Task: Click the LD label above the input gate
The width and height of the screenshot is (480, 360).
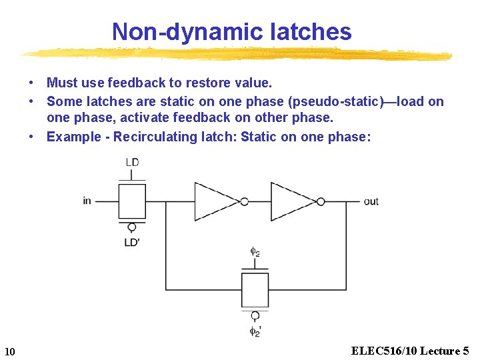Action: point(132,163)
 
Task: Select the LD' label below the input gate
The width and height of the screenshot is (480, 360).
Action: point(132,242)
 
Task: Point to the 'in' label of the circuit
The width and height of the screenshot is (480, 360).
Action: point(87,201)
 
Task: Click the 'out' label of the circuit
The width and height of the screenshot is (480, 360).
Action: point(371,201)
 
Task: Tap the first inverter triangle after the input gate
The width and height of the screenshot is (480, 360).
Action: point(215,201)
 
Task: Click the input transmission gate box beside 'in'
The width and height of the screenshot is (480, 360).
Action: point(132,201)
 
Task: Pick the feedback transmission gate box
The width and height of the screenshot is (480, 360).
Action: point(255,289)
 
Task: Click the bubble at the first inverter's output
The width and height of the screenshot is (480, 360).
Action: point(245,201)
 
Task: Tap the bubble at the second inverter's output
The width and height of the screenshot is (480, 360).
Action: point(321,201)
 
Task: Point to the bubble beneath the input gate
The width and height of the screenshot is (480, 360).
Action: point(132,227)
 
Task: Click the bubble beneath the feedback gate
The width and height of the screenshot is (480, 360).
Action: point(255,315)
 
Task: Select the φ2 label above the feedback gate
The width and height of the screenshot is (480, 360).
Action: point(255,251)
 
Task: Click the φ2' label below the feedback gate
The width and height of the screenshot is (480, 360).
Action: point(255,331)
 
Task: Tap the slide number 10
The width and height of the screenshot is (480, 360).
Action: point(9,351)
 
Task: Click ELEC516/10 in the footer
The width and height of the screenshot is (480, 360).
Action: point(379,351)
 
